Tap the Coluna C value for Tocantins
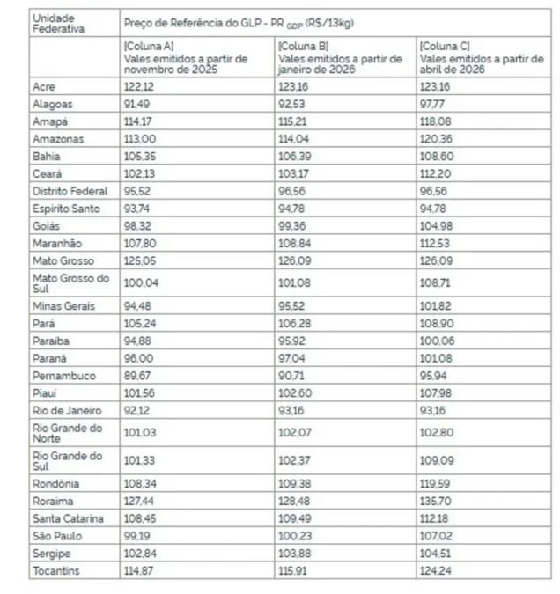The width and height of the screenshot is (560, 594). click(436, 570)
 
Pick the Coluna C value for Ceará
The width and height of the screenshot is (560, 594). click(436, 173)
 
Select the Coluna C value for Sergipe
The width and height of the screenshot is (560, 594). click(436, 553)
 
